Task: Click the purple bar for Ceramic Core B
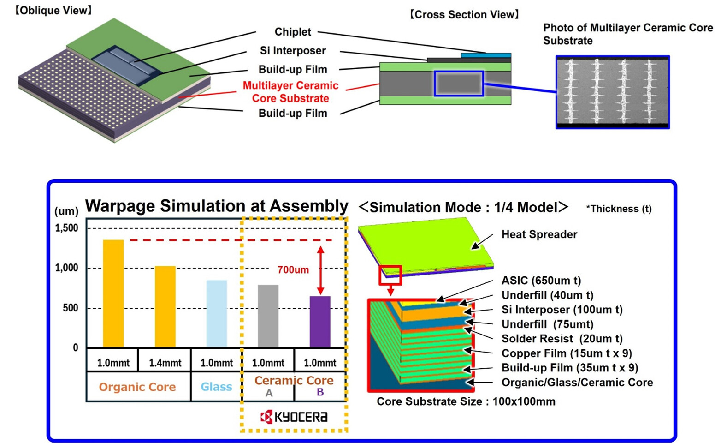click(320, 322)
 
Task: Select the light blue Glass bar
click(217, 313)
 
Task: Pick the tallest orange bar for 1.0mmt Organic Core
click(113, 293)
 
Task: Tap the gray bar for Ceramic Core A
click(268, 316)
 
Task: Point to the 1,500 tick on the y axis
click(67, 228)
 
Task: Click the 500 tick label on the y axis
click(70, 308)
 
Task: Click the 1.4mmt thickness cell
click(165, 363)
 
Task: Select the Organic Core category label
click(137, 387)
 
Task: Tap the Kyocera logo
click(294, 417)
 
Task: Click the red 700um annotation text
click(293, 270)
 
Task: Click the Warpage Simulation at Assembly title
click(217, 206)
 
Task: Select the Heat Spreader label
click(539, 234)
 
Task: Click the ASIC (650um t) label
click(541, 281)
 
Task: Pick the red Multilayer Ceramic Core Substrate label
click(290, 92)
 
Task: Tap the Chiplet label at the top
click(293, 32)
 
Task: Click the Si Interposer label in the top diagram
click(293, 51)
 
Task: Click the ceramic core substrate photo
click(612, 92)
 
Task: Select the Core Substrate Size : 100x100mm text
click(466, 401)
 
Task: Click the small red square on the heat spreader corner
click(390, 275)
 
